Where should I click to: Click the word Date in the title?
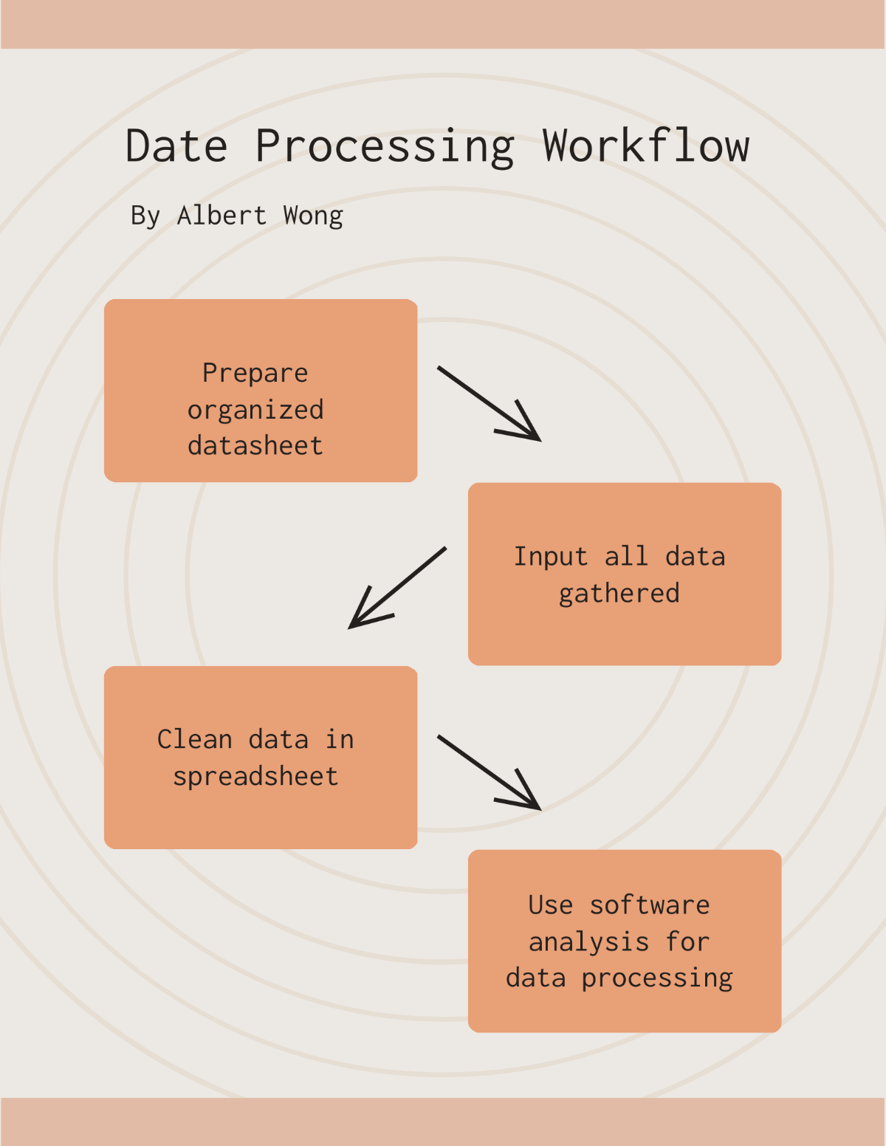[176, 145]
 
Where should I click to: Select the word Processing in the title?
[385, 147]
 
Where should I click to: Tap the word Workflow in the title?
[646, 145]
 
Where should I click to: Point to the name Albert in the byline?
[221, 216]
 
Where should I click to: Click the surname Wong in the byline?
[313, 216]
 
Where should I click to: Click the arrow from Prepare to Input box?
[489, 403]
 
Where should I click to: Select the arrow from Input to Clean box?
[397, 588]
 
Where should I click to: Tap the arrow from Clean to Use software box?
[489, 772]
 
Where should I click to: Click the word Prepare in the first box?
[255, 374]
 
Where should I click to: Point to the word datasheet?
[255, 446]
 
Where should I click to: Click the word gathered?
[619, 594]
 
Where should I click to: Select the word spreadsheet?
[255, 777]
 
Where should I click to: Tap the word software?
[650, 905]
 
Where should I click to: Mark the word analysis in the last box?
[588, 942]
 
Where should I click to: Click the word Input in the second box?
[551, 557]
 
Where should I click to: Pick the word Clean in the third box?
[195, 740]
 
